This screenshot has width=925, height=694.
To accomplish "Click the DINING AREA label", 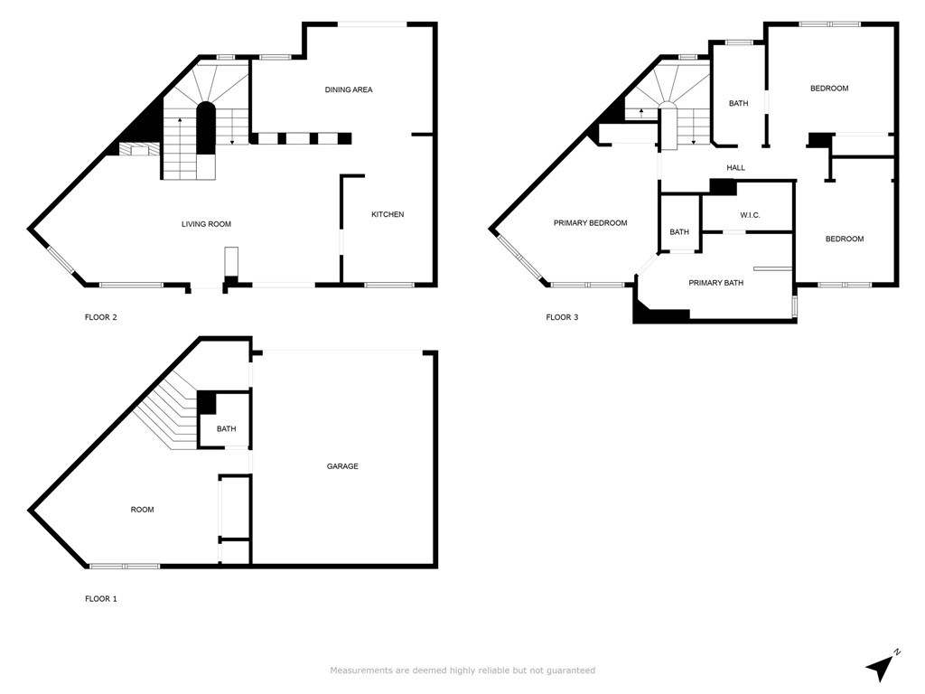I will [x=349, y=89].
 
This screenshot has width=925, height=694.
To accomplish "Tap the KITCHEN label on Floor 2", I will [x=388, y=214].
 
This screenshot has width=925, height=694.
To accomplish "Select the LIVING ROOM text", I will [x=207, y=224].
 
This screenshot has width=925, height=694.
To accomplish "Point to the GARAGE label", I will [x=342, y=466].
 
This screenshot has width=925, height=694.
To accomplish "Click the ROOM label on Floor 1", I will [x=142, y=510].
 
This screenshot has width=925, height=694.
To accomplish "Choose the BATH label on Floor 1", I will [x=226, y=429].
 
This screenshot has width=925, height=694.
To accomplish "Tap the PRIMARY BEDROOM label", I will [x=590, y=223].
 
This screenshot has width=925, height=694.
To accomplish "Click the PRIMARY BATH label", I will [x=715, y=283].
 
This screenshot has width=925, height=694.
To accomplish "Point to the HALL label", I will [x=735, y=168].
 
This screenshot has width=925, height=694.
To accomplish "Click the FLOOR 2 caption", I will [x=101, y=317].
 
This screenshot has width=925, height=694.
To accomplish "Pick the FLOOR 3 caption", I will [x=562, y=317].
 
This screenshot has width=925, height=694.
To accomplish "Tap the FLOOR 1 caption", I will [x=101, y=598].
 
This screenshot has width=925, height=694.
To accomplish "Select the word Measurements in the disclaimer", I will [x=360, y=671].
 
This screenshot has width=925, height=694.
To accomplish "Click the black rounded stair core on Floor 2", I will [x=206, y=128].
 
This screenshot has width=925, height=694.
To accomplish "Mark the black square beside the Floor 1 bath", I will [x=206, y=402].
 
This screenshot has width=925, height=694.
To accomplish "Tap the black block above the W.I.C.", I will [x=723, y=187].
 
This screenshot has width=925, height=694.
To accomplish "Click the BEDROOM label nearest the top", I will [x=828, y=89].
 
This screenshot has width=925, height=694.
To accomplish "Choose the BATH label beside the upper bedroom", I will [x=738, y=104].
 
